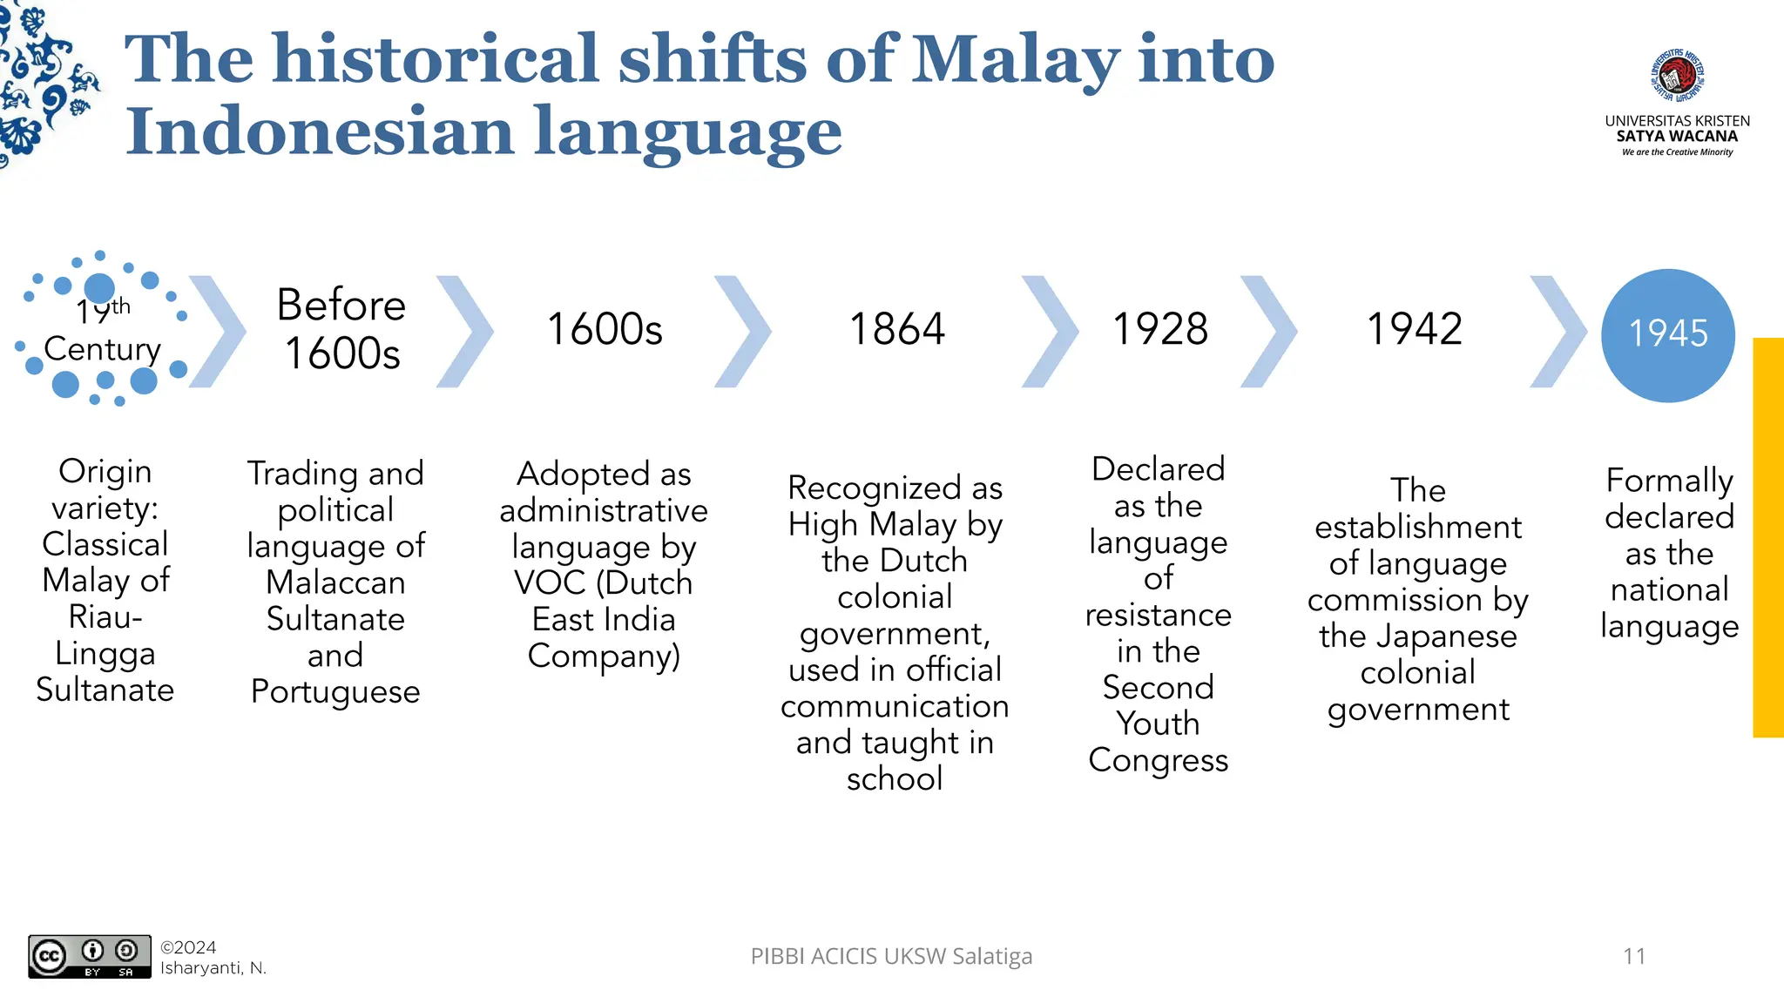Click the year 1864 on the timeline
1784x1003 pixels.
click(x=896, y=329)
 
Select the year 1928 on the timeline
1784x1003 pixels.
click(x=1160, y=329)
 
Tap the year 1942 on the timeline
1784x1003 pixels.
click(x=1415, y=329)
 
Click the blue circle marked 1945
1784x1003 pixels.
click(x=1668, y=334)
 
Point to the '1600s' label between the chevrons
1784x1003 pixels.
click(x=605, y=329)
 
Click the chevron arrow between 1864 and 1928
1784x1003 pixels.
click(x=1050, y=331)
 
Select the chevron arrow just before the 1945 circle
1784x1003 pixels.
click(x=1558, y=331)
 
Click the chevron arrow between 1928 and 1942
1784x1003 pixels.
click(x=1268, y=331)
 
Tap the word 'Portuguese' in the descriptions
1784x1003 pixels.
click(x=335, y=691)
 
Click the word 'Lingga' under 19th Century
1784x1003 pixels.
click(x=105, y=653)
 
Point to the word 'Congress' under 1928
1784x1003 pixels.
click(x=1158, y=760)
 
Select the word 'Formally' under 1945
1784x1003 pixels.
click(x=1669, y=481)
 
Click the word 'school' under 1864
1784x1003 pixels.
click(x=895, y=778)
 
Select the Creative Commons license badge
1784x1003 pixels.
click(x=89, y=956)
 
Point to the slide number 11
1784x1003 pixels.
click(x=1634, y=956)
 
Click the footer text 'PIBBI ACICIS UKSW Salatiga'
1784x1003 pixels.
click(x=891, y=956)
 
